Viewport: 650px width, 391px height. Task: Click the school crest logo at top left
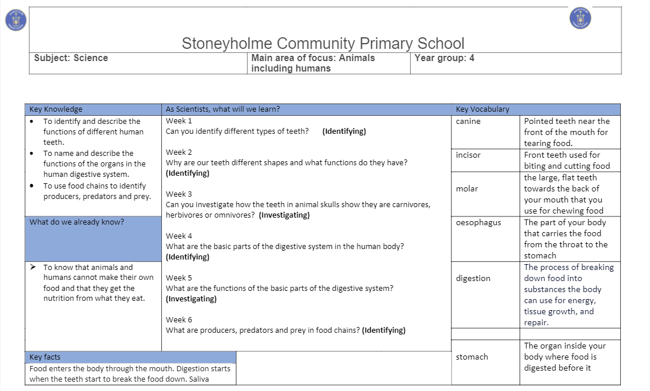[x=14, y=21]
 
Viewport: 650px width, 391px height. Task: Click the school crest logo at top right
[x=580, y=18]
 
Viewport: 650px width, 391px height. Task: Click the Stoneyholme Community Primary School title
[x=323, y=44]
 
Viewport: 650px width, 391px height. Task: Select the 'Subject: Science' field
[x=71, y=58]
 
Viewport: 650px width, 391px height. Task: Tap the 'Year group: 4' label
[x=444, y=58]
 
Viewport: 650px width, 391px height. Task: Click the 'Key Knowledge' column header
[x=56, y=109]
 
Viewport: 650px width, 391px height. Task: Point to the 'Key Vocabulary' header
[x=482, y=109]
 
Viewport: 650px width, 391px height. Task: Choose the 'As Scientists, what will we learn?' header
[x=222, y=109]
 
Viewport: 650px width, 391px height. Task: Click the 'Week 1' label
[x=179, y=121]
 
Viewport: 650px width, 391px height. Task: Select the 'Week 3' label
[x=179, y=194]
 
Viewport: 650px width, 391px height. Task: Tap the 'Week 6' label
[x=179, y=320]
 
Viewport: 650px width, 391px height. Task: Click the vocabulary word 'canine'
[x=468, y=122]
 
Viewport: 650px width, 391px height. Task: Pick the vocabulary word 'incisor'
[x=469, y=155]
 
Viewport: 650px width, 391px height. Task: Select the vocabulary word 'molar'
[x=467, y=189]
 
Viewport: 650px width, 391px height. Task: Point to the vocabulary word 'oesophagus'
[x=478, y=222]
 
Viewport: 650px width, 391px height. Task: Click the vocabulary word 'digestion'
[x=473, y=278]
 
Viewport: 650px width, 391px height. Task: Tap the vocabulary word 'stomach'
[x=472, y=357]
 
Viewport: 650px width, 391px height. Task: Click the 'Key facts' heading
[x=45, y=357]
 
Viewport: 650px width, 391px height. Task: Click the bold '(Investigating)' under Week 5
[x=191, y=299]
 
